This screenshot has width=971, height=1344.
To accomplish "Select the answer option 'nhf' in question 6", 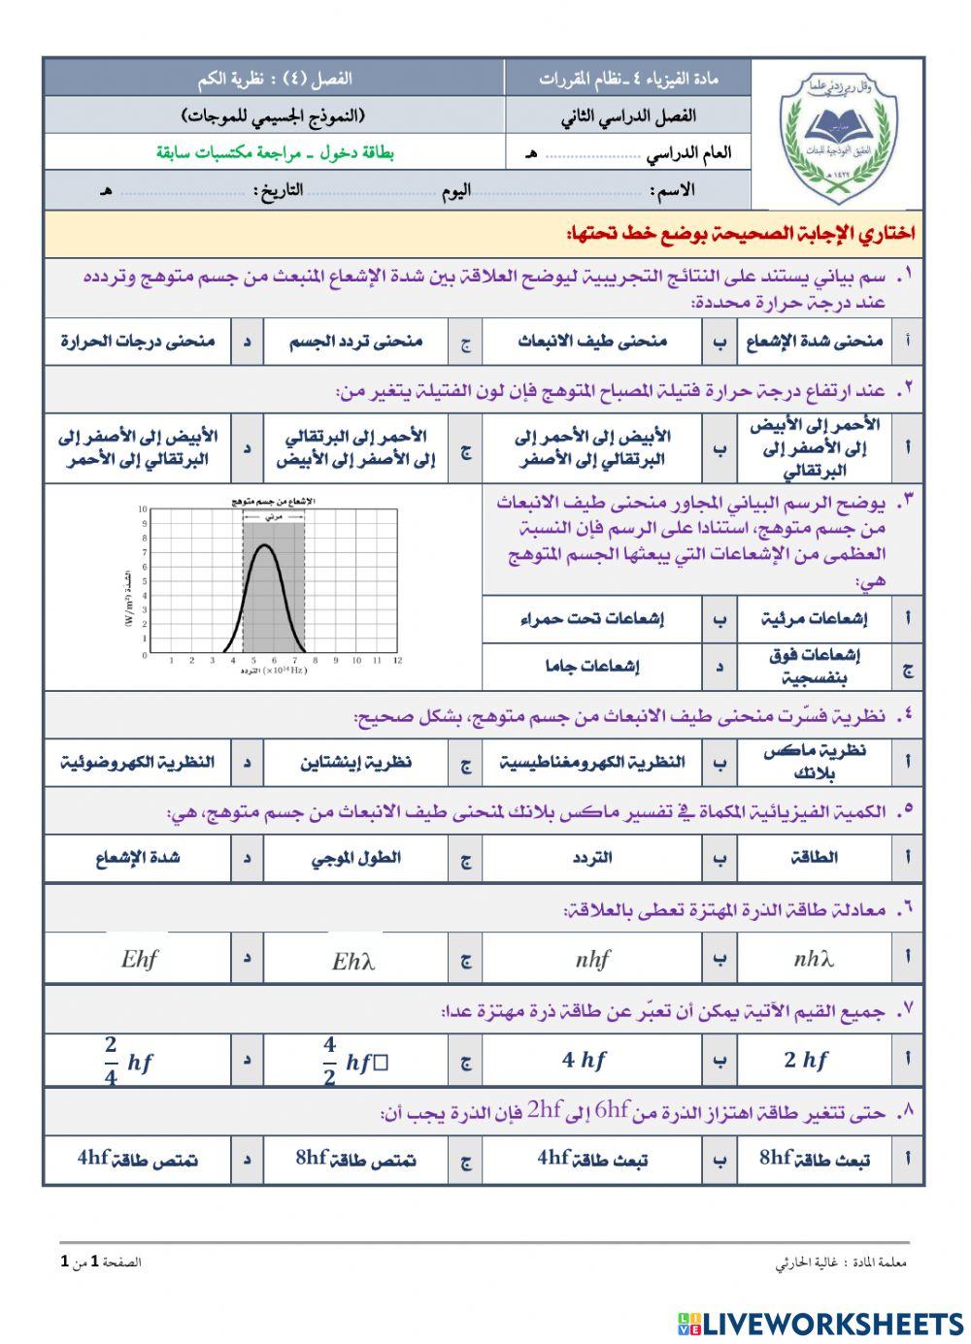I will tap(591, 960).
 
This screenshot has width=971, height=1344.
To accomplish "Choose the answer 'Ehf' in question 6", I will tap(139, 960).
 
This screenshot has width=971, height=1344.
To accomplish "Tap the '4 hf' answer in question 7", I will tap(584, 1061).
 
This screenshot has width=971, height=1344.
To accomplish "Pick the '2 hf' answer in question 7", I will tap(806, 1061).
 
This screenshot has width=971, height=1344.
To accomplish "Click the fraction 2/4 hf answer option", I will tap(128, 1062).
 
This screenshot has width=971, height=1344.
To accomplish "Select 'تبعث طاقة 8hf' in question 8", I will tap(814, 1159).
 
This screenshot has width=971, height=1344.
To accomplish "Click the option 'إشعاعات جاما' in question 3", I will tap(591, 667).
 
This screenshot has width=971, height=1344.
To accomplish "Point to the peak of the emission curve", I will tap(264, 545).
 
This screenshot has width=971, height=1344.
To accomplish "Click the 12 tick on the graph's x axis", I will tap(397, 661).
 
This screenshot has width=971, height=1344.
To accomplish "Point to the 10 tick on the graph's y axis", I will tap(143, 508).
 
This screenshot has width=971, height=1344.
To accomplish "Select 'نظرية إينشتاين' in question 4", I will tap(355, 763).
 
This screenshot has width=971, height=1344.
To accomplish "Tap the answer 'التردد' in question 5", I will tap(592, 858).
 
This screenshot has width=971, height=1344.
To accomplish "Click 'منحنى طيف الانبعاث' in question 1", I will tap(591, 342).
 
